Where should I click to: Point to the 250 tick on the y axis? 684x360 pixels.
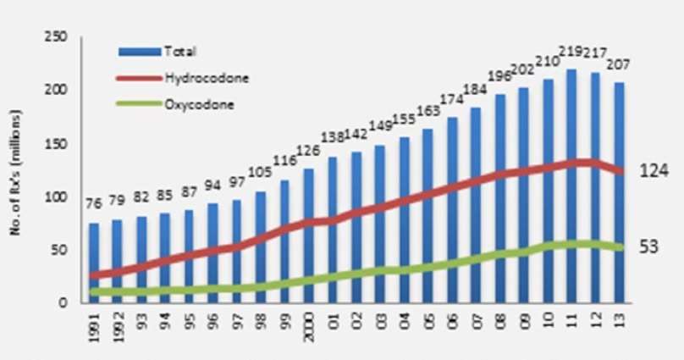[57, 37]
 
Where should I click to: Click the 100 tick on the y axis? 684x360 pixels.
[57, 197]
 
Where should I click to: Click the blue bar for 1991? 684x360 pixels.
[93, 263]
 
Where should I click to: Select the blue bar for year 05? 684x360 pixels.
[427, 216]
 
